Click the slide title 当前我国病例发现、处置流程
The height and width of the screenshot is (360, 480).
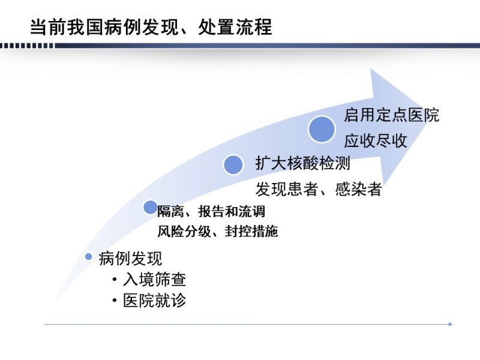click(x=151, y=26)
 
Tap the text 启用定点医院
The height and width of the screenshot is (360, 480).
click(x=392, y=115)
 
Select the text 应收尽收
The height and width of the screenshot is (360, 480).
click(x=376, y=141)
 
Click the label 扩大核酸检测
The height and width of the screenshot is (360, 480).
click(x=303, y=163)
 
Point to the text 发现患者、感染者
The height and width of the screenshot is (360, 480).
click(x=319, y=188)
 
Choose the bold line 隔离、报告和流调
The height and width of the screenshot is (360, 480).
click(x=211, y=211)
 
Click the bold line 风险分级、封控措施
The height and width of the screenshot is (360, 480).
click(x=218, y=231)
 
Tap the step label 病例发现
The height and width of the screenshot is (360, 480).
click(x=130, y=259)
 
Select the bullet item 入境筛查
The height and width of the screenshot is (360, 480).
click(x=154, y=279)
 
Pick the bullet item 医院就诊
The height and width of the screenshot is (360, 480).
click(x=154, y=300)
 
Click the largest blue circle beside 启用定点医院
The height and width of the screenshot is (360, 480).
click(x=322, y=129)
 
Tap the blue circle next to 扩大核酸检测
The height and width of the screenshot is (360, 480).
click(x=233, y=164)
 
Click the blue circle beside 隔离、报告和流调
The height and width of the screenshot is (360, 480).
click(x=151, y=207)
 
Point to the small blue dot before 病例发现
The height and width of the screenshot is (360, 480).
click(x=88, y=257)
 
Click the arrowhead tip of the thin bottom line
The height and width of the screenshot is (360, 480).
click(x=452, y=324)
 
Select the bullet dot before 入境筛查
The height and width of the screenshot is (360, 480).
click(x=115, y=280)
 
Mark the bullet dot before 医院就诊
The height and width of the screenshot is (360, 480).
click(x=115, y=301)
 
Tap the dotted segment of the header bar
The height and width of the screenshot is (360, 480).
click(x=27, y=46)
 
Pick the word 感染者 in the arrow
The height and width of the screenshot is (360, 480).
click(x=358, y=188)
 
